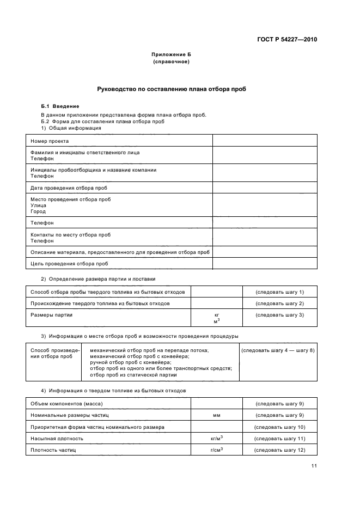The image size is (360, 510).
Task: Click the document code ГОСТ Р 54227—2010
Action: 287,40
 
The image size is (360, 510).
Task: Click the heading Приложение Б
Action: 171,55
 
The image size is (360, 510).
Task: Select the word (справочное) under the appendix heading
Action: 171,62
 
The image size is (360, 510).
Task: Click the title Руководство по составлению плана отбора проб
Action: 171,89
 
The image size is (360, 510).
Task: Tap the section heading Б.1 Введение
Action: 60,106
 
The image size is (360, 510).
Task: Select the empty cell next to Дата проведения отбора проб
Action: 264,188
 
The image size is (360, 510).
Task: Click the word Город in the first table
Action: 38,211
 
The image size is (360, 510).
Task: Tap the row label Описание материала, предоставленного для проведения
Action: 120,252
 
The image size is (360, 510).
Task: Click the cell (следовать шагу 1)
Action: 279,292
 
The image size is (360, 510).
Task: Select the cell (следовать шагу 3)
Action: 279,315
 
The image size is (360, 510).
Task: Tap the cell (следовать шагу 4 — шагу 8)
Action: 278,350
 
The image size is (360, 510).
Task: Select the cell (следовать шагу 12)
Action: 279,450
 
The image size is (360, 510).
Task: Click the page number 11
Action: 314,465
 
